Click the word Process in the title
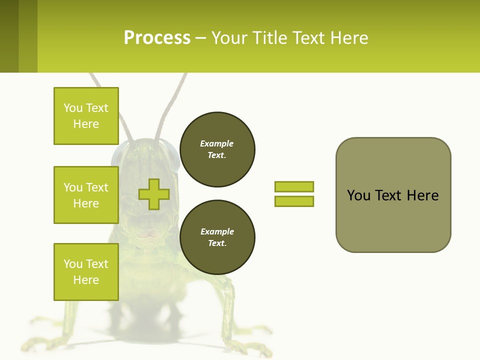click(157, 37)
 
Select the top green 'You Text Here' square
click(86, 116)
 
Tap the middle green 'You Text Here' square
click(86, 195)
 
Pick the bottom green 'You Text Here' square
click(86, 271)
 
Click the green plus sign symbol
click(154, 194)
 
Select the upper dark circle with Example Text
click(217, 149)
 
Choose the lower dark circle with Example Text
click(217, 237)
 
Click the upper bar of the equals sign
click(294, 186)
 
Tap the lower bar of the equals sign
click(294, 201)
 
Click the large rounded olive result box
click(393, 195)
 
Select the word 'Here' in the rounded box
click(422, 195)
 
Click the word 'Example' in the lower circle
click(217, 231)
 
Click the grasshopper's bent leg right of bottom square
click(227, 300)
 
